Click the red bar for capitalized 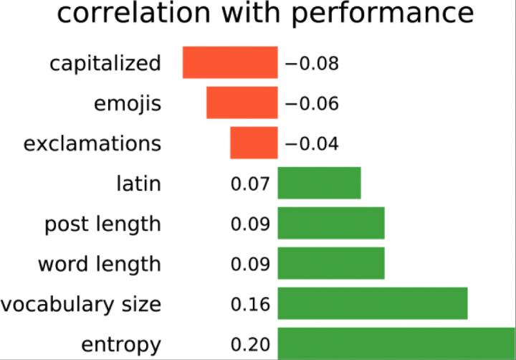point(230,62)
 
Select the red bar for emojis point(242,103)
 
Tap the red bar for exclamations point(254,143)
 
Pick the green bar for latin point(319,183)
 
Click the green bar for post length point(331,223)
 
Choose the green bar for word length point(331,263)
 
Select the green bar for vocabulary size point(373,303)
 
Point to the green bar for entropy point(396,343)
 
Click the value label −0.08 point(311,63)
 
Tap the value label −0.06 point(311,103)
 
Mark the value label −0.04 point(311,143)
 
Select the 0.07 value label point(250,184)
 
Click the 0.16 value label point(250,304)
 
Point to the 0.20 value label point(250,344)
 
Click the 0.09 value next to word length point(250,264)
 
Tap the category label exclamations point(92,143)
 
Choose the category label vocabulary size point(80,304)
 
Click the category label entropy point(120,344)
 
